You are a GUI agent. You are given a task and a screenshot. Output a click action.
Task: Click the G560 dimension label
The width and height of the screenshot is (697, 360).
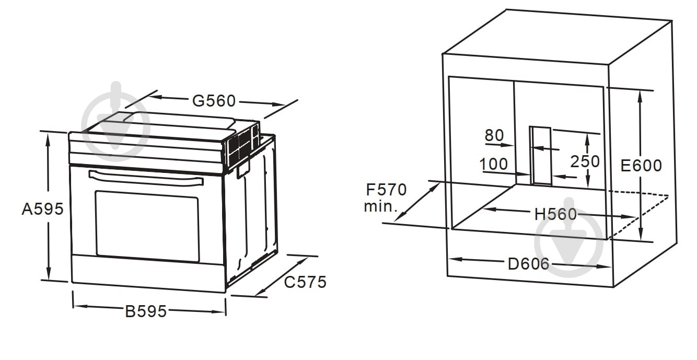pos(214,101)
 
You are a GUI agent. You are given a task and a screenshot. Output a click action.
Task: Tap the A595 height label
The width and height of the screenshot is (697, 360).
pos(43,209)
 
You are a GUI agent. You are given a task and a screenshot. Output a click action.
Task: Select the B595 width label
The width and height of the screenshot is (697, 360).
pos(146,311)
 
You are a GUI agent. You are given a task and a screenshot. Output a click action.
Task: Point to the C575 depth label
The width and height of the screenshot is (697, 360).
pos(305,282)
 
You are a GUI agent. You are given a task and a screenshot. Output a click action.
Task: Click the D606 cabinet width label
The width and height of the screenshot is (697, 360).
pos(529,264)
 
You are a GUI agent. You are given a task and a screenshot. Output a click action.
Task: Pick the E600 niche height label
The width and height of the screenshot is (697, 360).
pos(641,166)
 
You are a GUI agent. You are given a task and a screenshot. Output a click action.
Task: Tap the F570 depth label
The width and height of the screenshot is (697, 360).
pos(386,190)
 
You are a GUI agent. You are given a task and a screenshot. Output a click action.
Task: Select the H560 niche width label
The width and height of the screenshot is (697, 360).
pos(555,214)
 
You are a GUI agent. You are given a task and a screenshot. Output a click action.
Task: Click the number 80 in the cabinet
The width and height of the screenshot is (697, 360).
pos(494,135)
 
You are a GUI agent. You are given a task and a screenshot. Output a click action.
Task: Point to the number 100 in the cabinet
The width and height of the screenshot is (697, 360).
pos(494,164)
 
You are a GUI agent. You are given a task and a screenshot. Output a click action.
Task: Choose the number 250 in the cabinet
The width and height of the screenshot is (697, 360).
pos(585,161)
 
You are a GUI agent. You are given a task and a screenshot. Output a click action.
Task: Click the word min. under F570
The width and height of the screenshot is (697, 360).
pos(381,206)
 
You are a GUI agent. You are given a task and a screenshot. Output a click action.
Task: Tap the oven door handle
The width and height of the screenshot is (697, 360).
pos(146,178)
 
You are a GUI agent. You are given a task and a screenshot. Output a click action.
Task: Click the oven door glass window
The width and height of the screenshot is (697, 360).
pos(147,226)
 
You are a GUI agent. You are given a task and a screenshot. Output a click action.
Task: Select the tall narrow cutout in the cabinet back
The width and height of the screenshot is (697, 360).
pos(541,156)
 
